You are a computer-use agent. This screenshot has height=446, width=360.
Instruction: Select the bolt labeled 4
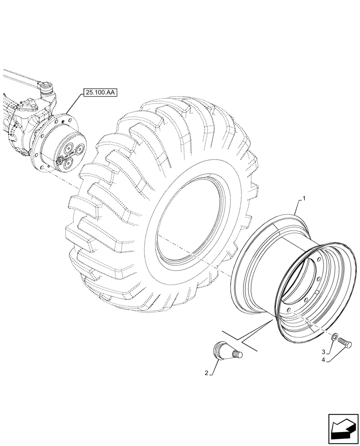point(345,343)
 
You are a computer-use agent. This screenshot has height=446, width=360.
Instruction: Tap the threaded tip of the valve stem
point(238,354)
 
